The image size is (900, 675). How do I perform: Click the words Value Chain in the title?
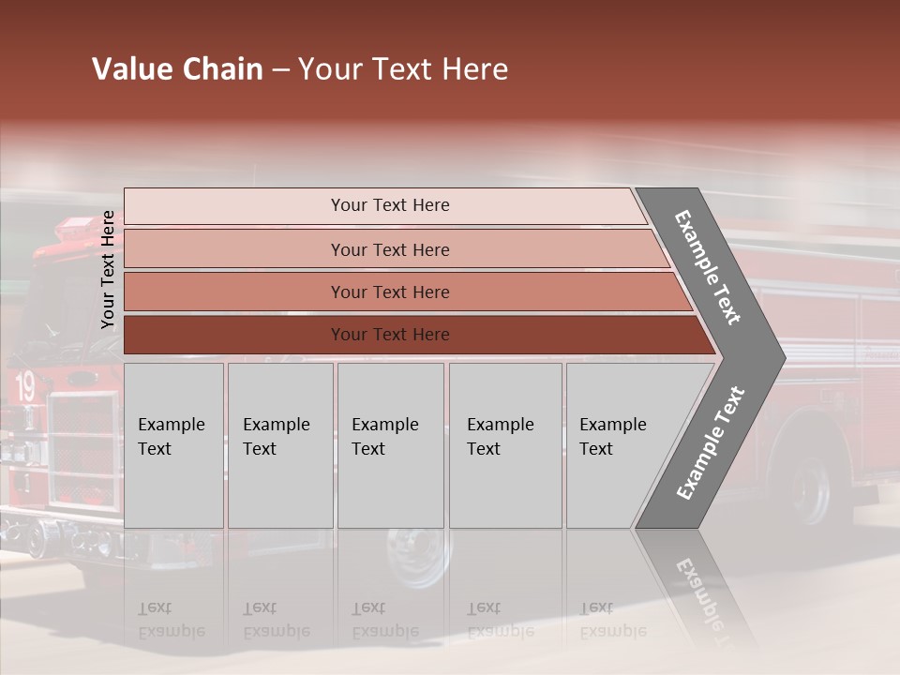pyautogui.click(x=177, y=69)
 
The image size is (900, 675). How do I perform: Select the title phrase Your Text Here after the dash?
pyautogui.click(x=403, y=69)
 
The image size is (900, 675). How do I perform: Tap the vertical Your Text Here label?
pyautogui.click(x=108, y=270)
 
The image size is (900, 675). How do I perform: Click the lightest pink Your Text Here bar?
pyautogui.click(x=390, y=205)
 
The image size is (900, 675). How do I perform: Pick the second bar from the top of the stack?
pyautogui.click(x=390, y=249)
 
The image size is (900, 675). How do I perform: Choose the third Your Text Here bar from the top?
pyautogui.click(x=390, y=292)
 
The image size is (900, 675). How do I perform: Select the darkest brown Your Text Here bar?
pyautogui.click(x=390, y=335)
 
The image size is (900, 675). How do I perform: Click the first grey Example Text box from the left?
pyautogui.click(x=173, y=445)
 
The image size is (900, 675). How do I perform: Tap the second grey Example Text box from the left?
pyautogui.click(x=279, y=445)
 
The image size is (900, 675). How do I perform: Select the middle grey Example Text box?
pyautogui.click(x=390, y=445)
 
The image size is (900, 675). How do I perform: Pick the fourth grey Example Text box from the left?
pyautogui.click(x=505, y=445)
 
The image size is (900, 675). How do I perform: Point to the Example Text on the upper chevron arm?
pyautogui.click(x=708, y=267)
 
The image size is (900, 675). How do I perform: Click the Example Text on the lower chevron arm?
pyautogui.click(x=711, y=443)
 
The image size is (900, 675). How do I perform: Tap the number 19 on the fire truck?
pyautogui.click(x=24, y=385)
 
